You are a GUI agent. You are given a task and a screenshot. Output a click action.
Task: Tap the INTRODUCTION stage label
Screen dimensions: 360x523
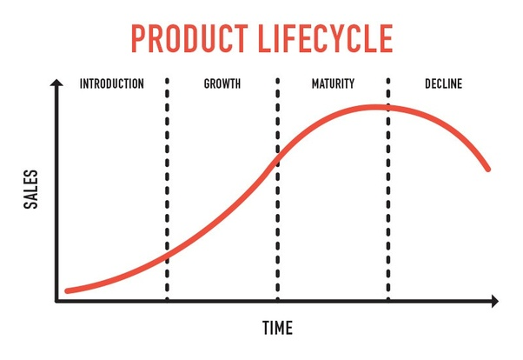point(111,84)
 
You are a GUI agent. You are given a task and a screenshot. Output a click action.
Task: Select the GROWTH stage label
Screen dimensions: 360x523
point(222,84)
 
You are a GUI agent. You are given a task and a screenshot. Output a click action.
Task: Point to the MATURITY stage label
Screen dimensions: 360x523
point(333,84)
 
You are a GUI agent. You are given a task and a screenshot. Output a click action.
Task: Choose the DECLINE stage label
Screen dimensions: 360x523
point(443,84)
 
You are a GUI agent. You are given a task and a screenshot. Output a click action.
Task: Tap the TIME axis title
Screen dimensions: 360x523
point(277,328)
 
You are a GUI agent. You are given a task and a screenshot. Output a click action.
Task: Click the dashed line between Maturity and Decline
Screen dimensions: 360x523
point(388,217)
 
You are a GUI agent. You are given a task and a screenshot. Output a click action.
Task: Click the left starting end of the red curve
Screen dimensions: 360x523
point(67,290)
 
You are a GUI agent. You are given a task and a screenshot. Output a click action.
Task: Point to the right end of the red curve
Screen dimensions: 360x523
point(487,168)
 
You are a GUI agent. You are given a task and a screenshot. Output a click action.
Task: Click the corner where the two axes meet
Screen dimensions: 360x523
point(56,302)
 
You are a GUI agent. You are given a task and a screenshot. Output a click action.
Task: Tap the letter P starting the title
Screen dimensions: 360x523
point(138,39)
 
